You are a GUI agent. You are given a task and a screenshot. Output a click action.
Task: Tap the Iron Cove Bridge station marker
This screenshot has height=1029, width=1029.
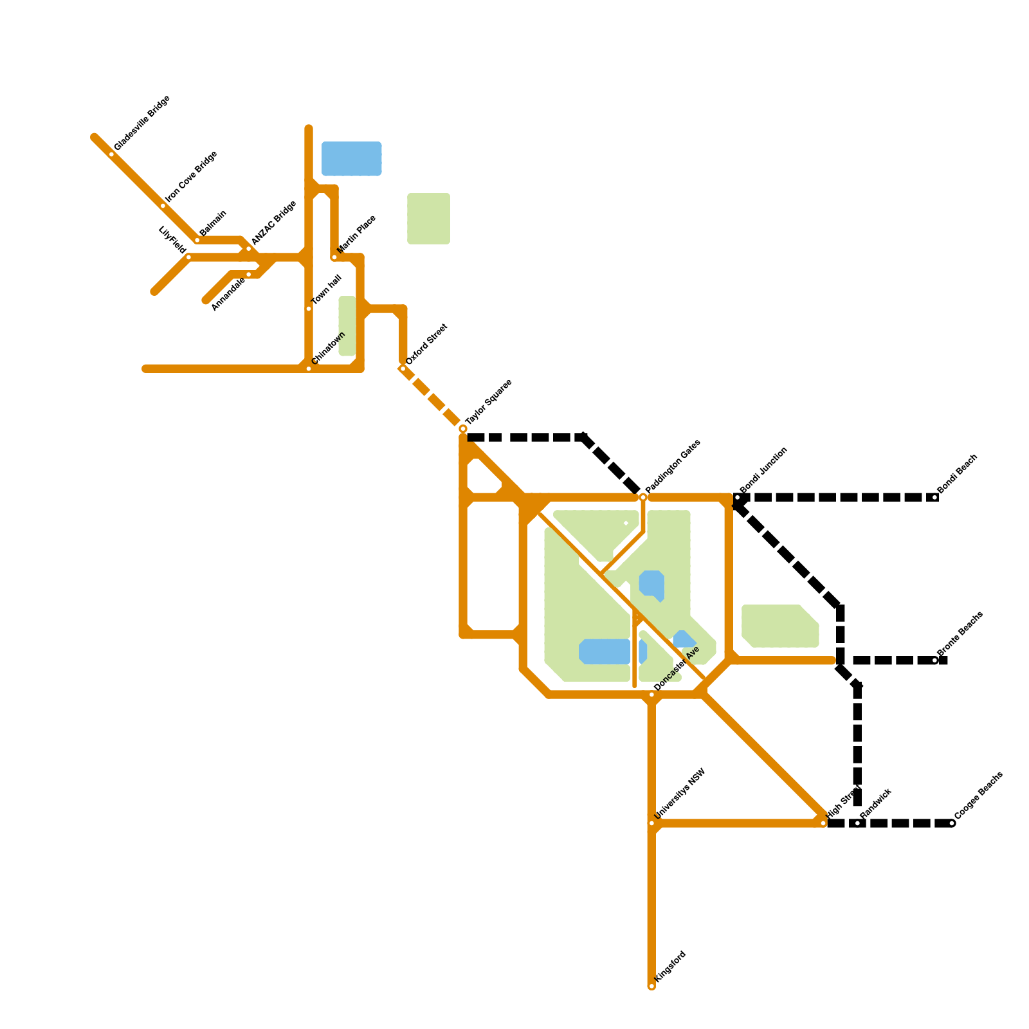[163, 206]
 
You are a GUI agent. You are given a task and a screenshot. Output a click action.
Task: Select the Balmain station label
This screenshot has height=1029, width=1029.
[213, 223]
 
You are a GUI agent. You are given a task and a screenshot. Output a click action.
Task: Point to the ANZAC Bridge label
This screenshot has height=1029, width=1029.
[274, 223]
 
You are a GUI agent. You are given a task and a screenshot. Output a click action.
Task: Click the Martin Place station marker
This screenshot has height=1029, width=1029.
[334, 257]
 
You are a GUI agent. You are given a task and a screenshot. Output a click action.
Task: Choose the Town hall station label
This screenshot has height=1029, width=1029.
[327, 290]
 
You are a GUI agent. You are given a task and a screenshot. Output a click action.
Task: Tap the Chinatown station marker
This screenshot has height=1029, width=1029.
[309, 369]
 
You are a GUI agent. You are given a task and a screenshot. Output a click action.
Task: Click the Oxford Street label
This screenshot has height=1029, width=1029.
[426, 345]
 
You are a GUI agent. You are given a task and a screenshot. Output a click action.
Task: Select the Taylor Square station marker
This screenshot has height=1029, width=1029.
[463, 428]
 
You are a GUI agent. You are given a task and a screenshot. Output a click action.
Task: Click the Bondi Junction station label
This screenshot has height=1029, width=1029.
[763, 470]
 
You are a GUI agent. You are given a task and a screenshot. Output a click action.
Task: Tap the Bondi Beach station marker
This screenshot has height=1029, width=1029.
[935, 497]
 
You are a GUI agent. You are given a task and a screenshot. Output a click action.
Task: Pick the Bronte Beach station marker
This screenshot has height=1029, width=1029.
[935, 660]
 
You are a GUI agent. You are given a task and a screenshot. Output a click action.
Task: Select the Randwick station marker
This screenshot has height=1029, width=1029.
[858, 823]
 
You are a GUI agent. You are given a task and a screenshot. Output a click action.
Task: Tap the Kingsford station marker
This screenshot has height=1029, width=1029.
[651, 986]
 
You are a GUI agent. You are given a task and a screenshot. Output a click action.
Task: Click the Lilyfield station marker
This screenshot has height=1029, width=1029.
[188, 257]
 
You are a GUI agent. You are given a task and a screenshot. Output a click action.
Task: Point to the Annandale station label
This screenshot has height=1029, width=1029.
[228, 293]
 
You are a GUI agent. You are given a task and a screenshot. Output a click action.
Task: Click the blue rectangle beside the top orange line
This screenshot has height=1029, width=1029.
[352, 158]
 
